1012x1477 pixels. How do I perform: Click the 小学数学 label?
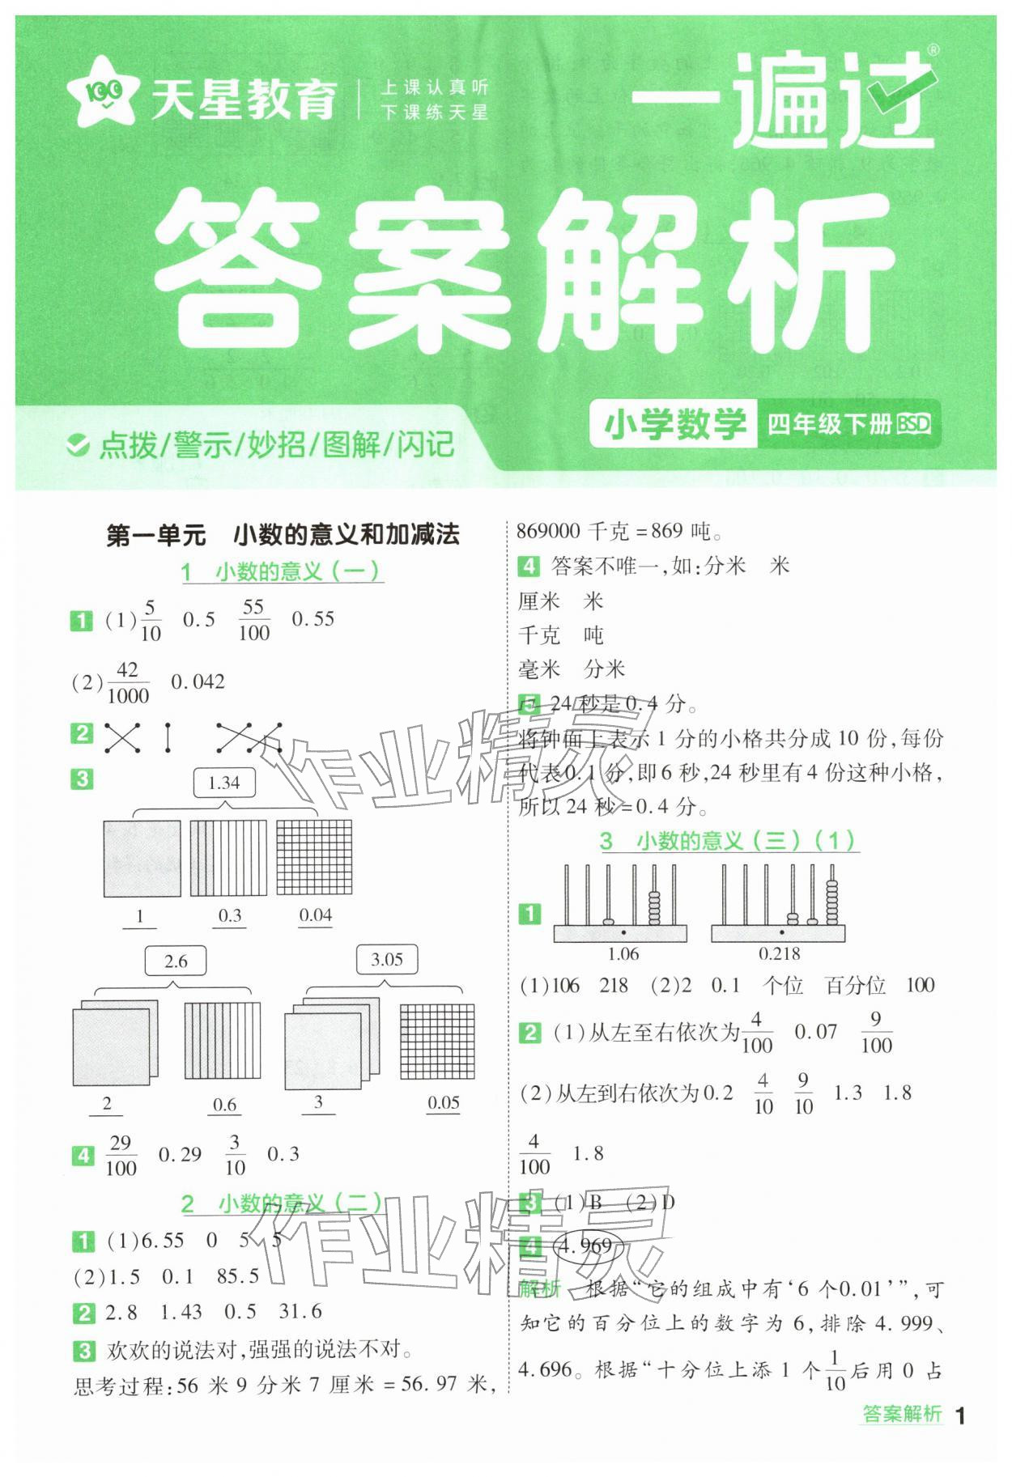tap(674, 423)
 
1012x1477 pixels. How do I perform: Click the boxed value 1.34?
tap(224, 783)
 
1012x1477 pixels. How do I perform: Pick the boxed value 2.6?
tap(175, 961)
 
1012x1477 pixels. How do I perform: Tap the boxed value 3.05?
tap(386, 960)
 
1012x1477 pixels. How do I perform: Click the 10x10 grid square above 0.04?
tap(314, 858)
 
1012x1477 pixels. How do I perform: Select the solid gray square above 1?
tap(142, 859)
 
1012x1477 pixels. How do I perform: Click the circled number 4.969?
tap(587, 1245)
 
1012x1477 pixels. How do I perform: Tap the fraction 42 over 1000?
tap(127, 683)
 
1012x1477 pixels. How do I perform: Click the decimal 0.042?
tap(198, 682)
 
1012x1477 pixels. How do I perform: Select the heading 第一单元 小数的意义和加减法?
tap(283, 535)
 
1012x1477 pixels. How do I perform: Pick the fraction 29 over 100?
tap(121, 1155)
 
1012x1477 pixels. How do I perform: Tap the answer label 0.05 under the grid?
tap(443, 1103)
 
